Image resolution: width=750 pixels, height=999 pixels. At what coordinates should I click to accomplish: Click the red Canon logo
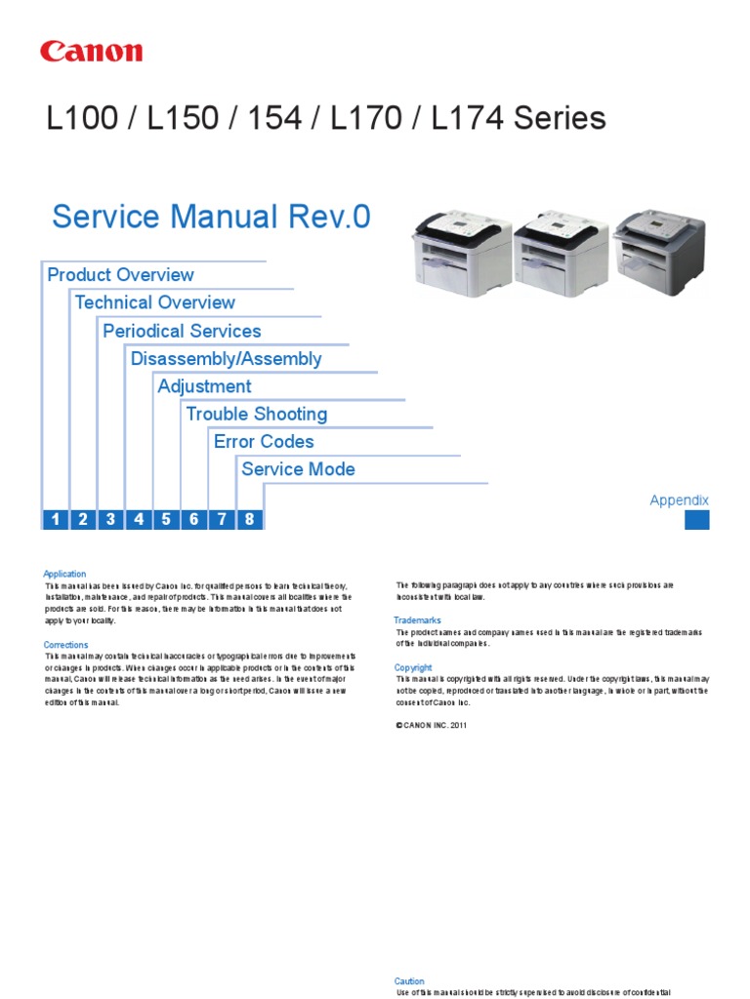pyautogui.click(x=91, y=52)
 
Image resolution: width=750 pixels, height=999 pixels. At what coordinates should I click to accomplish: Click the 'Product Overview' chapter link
pyautogui.click(x=120, y=275)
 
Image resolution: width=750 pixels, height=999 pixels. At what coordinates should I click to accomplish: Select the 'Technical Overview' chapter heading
pyautogui.click(x=154, y=302)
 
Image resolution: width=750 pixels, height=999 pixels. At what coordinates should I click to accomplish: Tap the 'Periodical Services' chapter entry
pyautogui.click(x=182, y=331)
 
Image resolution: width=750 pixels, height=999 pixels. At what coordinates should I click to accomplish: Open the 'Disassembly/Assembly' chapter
pyautogui.click(x=226, y=358)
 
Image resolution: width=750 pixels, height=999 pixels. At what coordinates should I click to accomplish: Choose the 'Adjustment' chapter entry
pyautogui.click(x=204, y=386)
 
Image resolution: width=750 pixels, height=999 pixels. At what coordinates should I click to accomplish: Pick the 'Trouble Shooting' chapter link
pyautogui.click(x=256, y=414)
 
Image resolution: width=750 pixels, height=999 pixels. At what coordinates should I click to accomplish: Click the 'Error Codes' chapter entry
pyautogui.click(x=264, y=442)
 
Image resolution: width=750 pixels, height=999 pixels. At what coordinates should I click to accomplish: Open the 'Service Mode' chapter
pyautogui.click(x=298, y=469)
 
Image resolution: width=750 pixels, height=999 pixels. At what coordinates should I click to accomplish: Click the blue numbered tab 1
pyautogui.click(x=55, y=519)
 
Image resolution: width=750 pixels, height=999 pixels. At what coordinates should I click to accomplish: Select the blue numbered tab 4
pyautogui.click(x=139, y=519)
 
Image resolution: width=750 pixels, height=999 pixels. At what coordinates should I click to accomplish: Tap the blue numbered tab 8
pyautogui.click(x=249, y=519)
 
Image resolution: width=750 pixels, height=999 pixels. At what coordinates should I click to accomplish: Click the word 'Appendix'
pyautogui.click(x=680, y=500)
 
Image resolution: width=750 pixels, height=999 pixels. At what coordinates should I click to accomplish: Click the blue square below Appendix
pyautogui.click(x=696, y=520)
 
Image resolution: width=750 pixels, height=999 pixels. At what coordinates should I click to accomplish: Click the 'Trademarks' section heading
pyautogui.click(x=417, y=620)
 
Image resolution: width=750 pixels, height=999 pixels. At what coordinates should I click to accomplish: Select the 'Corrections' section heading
pyautogui.click(x=65, y=645)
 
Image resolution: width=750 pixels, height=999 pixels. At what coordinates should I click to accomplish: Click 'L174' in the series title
pyautogui.click(x=460, y=119)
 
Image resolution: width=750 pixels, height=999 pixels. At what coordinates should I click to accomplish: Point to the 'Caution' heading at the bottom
pyautogui.click(x=409, y=981)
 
